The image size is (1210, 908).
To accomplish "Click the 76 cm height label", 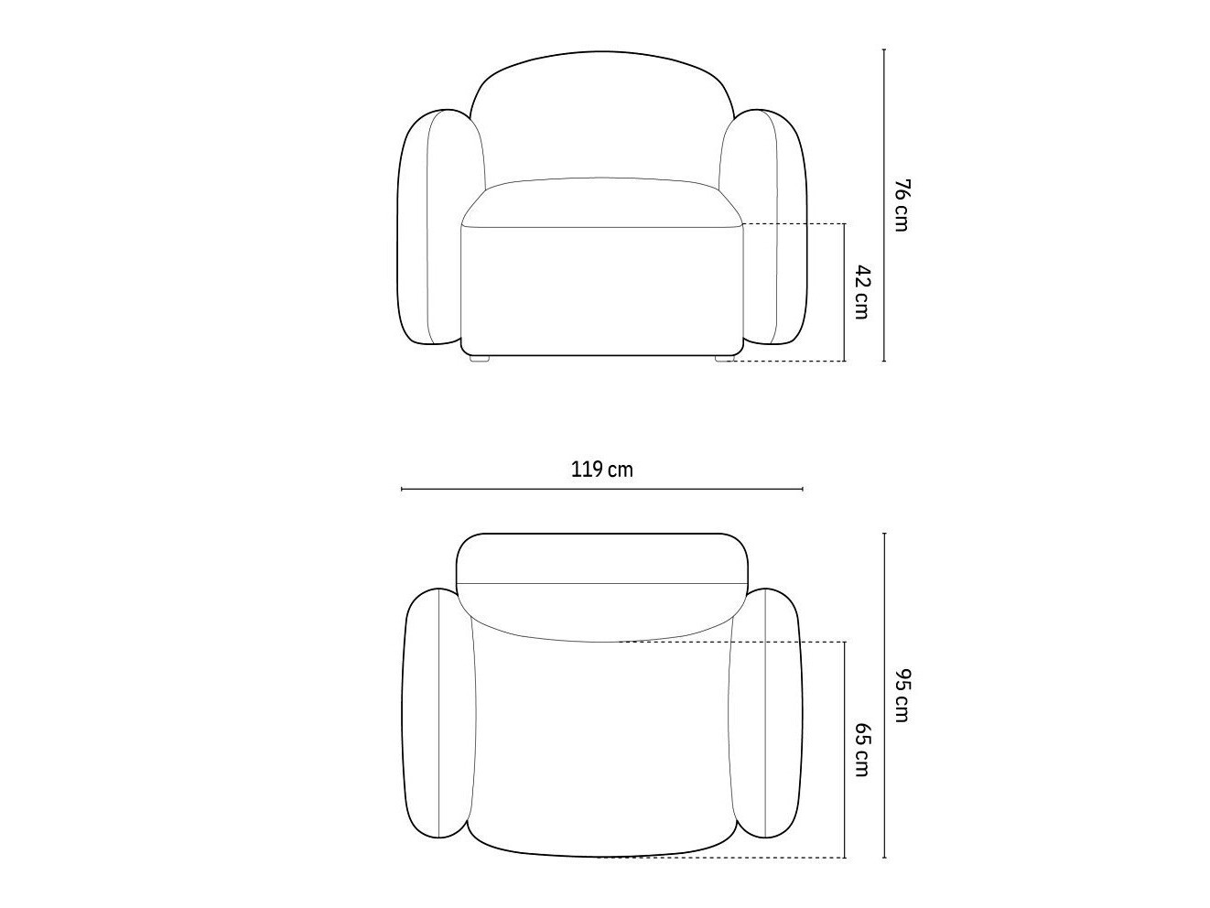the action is tap(901, 205).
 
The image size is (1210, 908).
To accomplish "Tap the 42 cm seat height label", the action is tap(861, 292).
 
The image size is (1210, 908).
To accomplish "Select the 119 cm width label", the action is tap(602, 470).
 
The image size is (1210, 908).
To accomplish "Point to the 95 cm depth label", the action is tap(901, 696).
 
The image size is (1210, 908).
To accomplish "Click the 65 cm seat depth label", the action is tap(861, 750).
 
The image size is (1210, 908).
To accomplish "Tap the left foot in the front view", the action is tap(479, 358).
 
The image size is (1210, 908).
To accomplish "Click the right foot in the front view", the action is tap(725, 358).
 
